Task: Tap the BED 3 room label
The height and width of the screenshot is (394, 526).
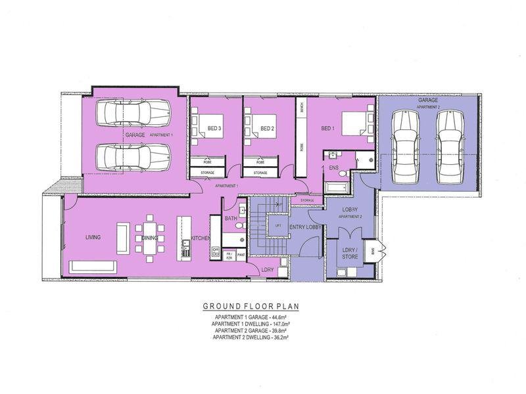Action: tap(213, 128)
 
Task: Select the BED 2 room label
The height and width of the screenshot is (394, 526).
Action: tap(266, 128)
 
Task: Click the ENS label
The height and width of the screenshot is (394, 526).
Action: tap(333, 168)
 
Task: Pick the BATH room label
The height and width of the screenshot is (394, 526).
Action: tap(230, 217)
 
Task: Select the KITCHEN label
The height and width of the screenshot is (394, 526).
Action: tap(200, 238)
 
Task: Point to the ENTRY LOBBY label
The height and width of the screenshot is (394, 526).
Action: tap(304, 227)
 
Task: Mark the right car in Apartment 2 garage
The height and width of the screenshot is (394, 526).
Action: tap(448, 148)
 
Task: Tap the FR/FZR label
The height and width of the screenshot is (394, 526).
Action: tap(229, 255)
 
